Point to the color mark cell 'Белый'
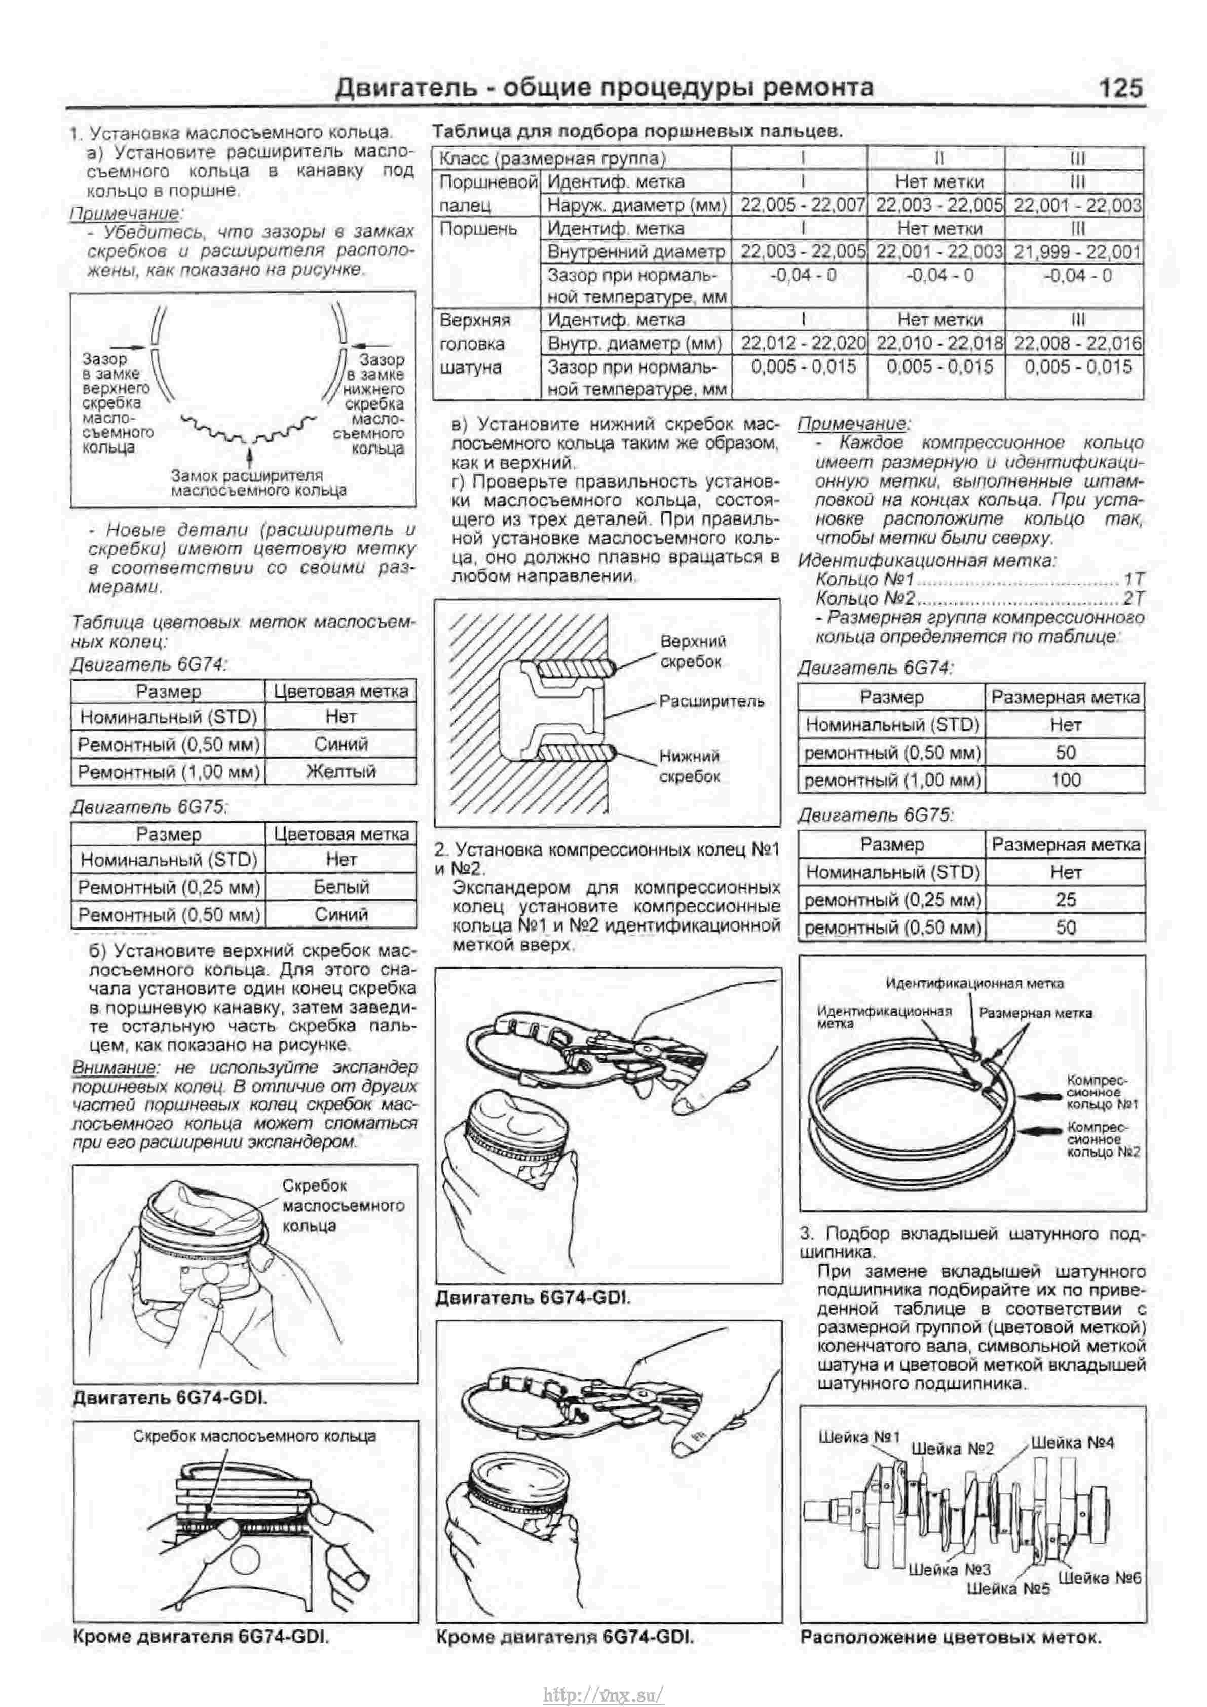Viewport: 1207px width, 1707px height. (341, 886)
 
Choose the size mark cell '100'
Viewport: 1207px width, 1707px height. (1066, 780)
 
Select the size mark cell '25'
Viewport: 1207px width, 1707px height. (1066, 900)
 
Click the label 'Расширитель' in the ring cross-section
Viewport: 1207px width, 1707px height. (711, 701)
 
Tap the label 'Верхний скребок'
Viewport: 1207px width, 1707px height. (693, 651)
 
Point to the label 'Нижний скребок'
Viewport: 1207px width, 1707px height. (690, 766)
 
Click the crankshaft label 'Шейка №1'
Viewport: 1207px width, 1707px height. (859, 1437)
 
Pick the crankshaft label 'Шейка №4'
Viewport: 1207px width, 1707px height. (1072, 1442)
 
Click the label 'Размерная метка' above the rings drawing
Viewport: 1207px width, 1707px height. (1035, 1013)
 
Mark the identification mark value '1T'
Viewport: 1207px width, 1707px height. (1134, 579)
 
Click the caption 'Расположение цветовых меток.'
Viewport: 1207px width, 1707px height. (951, 1637)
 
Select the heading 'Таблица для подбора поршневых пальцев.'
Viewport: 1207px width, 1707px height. (637, 132)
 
